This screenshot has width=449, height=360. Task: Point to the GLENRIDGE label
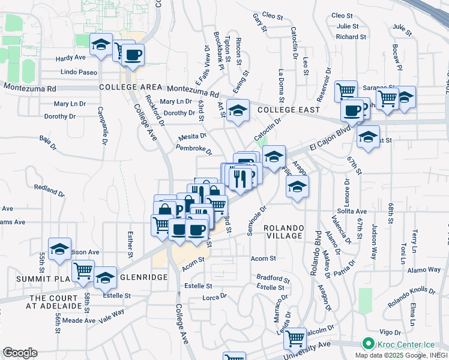pos(143,278)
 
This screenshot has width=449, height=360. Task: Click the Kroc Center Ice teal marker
pos(367,344)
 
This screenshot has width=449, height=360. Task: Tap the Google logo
pos(20,353)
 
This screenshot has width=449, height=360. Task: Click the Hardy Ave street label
pos(70,58)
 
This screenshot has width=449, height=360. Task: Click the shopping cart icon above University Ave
pos(294,339)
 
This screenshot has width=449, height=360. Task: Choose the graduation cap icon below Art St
pos(238,110)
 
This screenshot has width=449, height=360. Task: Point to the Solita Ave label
pos(352,212)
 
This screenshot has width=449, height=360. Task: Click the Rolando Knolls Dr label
pos(411,296)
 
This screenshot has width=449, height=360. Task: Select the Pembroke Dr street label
pos(191,147)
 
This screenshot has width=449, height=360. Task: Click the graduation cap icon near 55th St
pos(59,249)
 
